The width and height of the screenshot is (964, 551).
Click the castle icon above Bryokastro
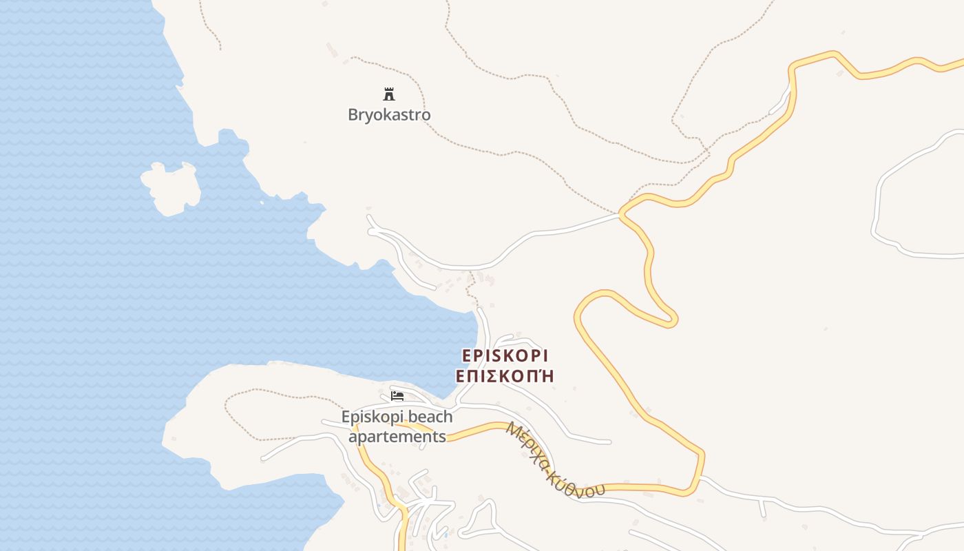(389, 94)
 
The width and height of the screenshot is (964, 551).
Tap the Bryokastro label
(389, 114)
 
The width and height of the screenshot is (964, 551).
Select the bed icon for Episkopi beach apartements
(397, 395)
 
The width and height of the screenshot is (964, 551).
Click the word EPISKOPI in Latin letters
(505, 355)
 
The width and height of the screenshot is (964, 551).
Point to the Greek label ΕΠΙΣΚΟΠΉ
(505, 376)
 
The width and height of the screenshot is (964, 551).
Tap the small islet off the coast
(171, 187)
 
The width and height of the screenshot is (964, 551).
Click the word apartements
(397, 437)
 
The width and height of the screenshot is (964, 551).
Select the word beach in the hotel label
(430, 417)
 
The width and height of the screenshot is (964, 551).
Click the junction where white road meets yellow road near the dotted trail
(621, 214)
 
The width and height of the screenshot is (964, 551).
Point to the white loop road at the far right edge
(878, 207)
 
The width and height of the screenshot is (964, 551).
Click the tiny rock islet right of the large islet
(262, 202)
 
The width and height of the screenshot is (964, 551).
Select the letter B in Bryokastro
(353, 114)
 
